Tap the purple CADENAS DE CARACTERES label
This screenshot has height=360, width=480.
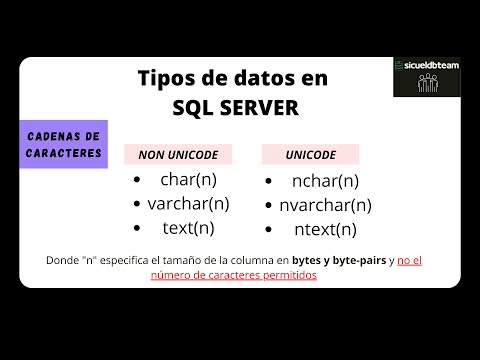pos(63,144)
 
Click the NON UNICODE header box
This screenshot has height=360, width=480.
pos(177,154)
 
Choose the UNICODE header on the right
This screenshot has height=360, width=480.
pos(311,154)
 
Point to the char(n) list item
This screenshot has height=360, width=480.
pos(188,180)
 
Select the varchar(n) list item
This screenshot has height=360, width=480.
pos(188,203)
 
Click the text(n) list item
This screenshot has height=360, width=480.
pos(188,227)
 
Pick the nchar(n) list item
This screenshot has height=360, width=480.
pos(325,181)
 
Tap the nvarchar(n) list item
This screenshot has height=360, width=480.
pos(325,205)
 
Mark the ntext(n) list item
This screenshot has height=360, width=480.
pos(325,229)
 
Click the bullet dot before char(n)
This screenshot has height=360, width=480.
pos(138,181)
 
